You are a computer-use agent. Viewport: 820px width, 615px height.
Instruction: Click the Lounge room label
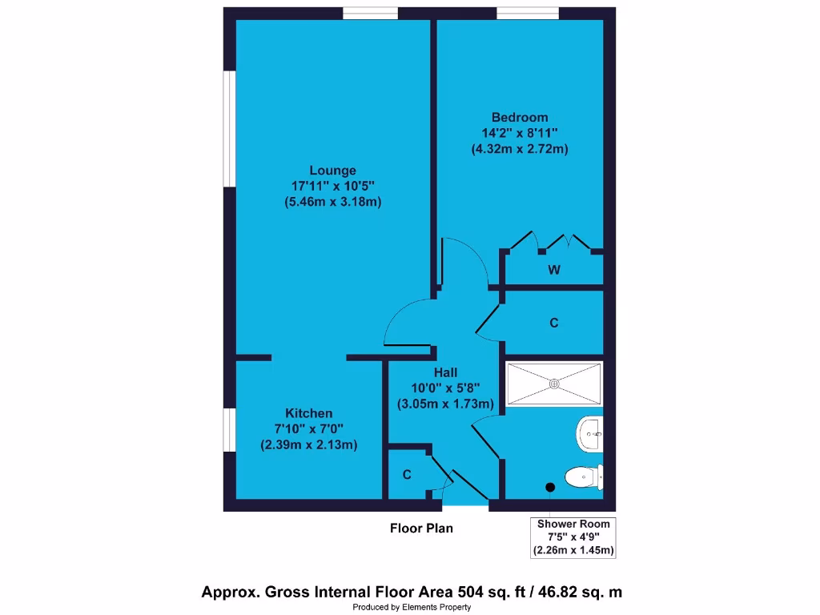point(332,170)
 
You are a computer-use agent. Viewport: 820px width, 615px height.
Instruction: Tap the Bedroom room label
point(520,118)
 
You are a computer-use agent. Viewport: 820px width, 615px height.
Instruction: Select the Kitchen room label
point(309,413)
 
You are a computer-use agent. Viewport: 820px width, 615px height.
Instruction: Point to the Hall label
point(445,372)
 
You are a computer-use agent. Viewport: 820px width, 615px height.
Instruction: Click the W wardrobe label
point(553,270)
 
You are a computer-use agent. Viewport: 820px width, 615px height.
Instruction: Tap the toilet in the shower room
point(582,478)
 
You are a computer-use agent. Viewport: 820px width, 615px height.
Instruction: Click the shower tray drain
point(553,383)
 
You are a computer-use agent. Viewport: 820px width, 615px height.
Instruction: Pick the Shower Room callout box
point(573,537)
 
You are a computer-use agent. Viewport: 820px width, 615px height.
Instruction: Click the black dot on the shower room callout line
point(550,487)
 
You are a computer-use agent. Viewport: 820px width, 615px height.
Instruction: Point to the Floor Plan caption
point(421,529)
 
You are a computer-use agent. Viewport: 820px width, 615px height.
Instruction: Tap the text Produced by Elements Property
point(412,607)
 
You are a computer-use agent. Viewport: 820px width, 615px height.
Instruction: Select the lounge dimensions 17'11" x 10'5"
point(332,186)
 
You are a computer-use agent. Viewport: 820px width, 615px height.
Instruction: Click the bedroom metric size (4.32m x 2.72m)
point(520,149)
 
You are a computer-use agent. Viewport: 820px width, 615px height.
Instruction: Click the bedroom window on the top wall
point(527,13)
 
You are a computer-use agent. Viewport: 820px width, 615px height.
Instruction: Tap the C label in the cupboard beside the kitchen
point(407,475)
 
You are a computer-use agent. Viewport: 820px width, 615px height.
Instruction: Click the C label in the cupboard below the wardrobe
point(553,323)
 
